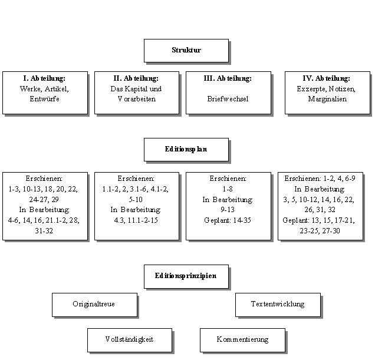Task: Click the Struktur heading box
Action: tap(186, 51)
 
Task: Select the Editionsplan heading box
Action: tap(186, 150)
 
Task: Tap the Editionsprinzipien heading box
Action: tap(186, 276)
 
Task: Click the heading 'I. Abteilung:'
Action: tap(44, 78)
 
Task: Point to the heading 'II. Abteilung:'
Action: tap(136, 78)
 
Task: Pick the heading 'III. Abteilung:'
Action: tap(228, 78)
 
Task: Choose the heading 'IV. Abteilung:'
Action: tap(327, 78)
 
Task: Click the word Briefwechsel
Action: tap(228, 99)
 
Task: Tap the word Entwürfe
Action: tap(44, 99)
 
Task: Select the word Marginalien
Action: tap(327, 99)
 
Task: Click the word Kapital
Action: tap(136, 89)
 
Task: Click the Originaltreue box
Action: tap(94, 305)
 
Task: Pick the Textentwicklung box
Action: tap(278, 305)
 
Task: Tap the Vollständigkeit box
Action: tap(130, 340)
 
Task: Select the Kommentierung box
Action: tap(242, 340)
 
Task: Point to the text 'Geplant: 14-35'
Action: tap(228, 220)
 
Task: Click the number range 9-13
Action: tap(228, 210)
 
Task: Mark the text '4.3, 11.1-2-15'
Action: tap(136, 220)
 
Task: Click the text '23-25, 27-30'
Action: tap(320, 231)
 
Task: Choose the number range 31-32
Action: tap(44, 231)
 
